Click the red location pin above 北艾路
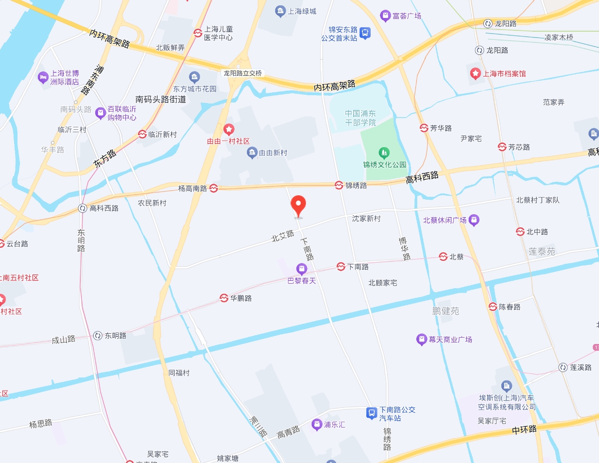coord(298,205)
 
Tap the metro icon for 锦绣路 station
coord(339,185)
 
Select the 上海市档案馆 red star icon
coord(475,74)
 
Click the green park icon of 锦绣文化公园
coord(384,154)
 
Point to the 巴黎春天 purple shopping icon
coord(302,269)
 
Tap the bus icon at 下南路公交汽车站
coord(372,413)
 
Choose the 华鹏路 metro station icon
coord(224,298)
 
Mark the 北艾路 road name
coord(283,236)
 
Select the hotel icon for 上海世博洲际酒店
coord(43,77)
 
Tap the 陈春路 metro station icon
coord(493,307)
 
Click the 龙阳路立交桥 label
coord(242,73)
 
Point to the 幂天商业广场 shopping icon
coord(421,340)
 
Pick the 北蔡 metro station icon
coord(443,257)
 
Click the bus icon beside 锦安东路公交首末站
coord(365,33)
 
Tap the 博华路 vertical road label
coord(404,248)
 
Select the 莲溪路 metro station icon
coord(563,367)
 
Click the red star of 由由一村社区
coord(229,129)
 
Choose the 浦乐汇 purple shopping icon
coord(317,425)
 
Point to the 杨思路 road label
coord(41,424)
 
